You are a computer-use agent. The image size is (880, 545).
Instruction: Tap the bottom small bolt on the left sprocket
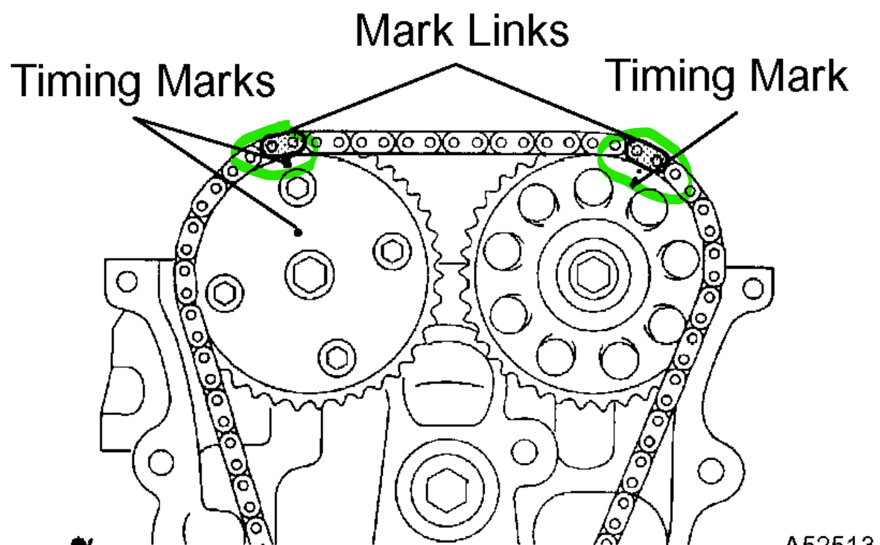click(337, 357)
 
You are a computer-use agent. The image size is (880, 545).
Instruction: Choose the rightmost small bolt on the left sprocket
click(392, 249)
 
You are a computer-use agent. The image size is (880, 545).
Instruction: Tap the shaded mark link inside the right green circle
click(646, 153)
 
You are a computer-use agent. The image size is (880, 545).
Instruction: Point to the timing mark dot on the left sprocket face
click(298, 231)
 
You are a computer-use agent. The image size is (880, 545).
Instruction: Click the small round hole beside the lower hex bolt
click(523, 450)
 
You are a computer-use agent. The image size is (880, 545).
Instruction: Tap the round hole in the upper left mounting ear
click(126, 281)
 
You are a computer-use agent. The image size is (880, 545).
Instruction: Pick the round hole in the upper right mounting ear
click(753, 288)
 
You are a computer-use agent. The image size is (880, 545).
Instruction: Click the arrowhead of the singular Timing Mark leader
click(634, 186)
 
